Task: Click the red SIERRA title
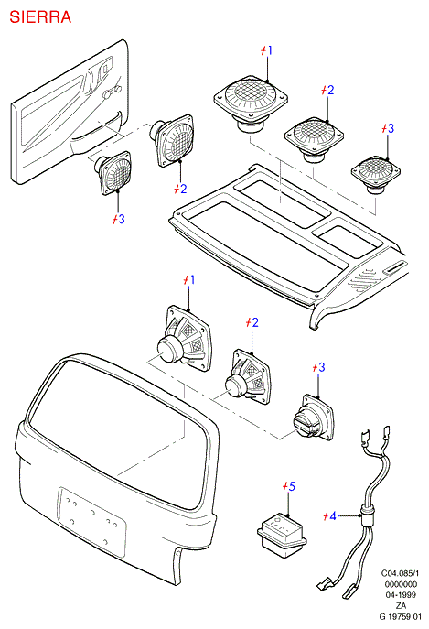click(x=40, y=17)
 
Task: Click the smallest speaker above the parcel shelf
click(x=376, y=175)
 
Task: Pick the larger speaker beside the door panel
click(x=172, y=139)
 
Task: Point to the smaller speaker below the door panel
click(x=113, y=172)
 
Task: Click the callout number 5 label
click(x=289, y=486)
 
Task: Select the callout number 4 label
click(x=330, y=515)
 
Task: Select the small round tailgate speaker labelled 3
click(x=313, y=418)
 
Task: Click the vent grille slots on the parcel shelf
click(x=364, y=280)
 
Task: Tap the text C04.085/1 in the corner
click(x=400, y=573)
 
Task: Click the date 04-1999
click(x=401, y=595)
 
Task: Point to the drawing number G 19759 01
click(x=401, y=616)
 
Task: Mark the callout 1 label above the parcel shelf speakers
click(x=266, y=50)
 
